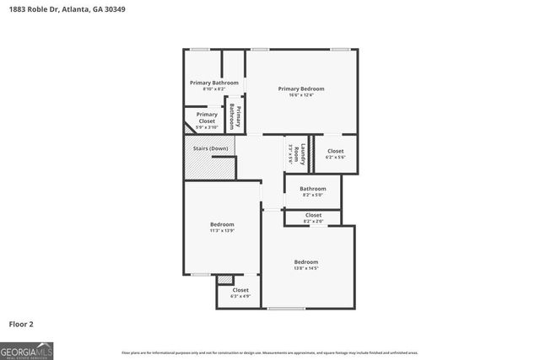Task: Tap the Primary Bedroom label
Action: [x=301, y=89]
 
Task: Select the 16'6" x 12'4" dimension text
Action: [x=301, y=95]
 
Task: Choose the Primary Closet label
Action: [x=207, y=117]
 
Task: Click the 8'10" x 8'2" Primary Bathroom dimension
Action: [x=214, y=89]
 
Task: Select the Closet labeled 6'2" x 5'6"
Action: [x=335, y=154]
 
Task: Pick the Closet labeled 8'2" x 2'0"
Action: [x=313, y=218]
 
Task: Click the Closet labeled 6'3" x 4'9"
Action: [x=240, y=293]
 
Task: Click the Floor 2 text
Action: [x=21, y=324]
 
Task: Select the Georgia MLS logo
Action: [x=26, y=350]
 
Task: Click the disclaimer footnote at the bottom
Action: [x=270, y=352]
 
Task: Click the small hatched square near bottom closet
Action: [x=224, y=279]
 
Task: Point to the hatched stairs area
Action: [x=207, y=167]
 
